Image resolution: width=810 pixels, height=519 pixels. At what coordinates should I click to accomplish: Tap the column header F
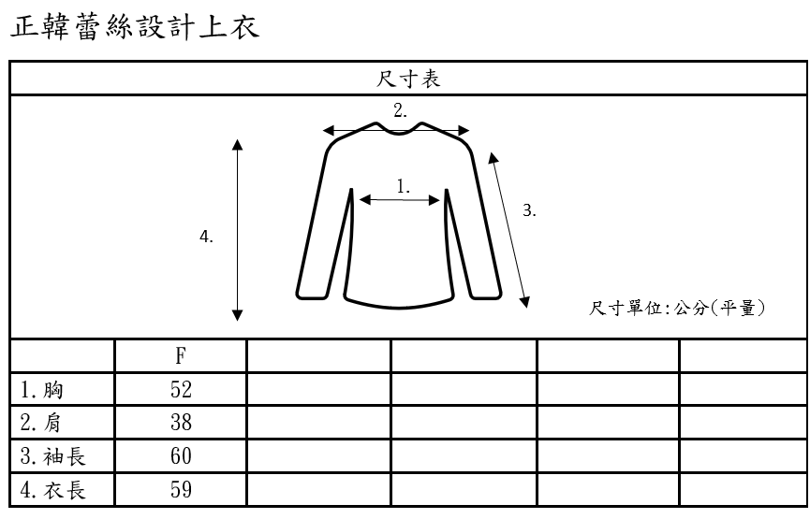click(180, 356)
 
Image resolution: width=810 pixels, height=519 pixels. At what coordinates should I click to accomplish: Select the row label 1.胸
click(43, 390)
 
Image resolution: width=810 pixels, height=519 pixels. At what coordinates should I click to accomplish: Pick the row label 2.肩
click(43, 423)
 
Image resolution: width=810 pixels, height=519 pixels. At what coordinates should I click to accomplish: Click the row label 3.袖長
click(52, 456)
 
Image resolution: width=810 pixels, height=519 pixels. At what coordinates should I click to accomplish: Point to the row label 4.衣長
click(52, 489)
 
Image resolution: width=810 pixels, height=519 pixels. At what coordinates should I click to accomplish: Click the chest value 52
click(181, 390)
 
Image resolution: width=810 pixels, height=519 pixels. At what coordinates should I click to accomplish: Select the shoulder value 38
click(181, 423)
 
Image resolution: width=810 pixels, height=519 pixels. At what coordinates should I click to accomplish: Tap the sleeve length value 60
click(181, 456)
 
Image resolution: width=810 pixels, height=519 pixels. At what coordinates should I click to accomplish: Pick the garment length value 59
click(181, 489)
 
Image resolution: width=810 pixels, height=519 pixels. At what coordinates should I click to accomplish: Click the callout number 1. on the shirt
click(403, 186)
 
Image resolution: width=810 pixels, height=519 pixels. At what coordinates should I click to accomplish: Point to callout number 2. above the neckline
click(400, 111)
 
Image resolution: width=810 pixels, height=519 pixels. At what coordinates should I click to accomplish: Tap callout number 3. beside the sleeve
click(529, 211)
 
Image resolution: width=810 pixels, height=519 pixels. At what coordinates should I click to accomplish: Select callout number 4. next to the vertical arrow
click(207, 238)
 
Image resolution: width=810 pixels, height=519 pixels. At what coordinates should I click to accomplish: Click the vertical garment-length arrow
click(238, 230)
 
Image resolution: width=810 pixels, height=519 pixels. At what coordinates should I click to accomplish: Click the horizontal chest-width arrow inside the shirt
click(400, 199)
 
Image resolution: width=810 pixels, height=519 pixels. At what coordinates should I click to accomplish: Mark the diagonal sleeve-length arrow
click(509, 229)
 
